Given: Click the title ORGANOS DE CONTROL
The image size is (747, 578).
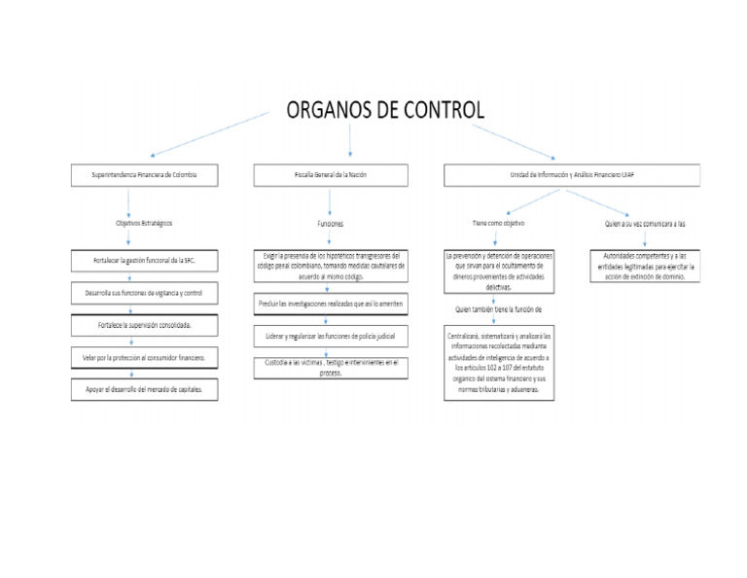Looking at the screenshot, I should click(384, 109).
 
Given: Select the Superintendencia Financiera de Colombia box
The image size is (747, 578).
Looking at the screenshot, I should click(144, 175).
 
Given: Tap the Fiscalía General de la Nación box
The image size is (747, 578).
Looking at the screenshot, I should click(330, 175).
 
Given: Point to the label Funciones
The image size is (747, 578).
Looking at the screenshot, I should click(330, 224).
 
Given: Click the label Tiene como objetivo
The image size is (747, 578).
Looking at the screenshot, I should click(498, 223).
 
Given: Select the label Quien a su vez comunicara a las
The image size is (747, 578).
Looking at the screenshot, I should click(645, 223).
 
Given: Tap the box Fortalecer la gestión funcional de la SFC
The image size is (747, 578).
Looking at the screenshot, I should click(144, 261).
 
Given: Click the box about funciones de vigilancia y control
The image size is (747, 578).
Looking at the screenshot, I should click(144, 293).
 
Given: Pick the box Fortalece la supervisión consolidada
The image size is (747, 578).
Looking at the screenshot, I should click(144, 324).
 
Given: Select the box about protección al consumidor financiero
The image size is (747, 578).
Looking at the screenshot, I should click(144, 357).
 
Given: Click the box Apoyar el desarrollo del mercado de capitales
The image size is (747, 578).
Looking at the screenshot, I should click(144, 389).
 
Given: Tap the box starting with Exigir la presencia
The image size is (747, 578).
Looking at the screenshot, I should click(330, 266).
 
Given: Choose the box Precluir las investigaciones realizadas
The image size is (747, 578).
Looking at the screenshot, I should click(330, 305).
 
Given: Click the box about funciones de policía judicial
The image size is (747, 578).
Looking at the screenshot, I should click(330, 336).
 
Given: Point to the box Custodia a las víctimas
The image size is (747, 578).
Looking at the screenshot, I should click(330, 367).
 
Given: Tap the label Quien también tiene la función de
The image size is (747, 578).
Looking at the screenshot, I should click(498, 309).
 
